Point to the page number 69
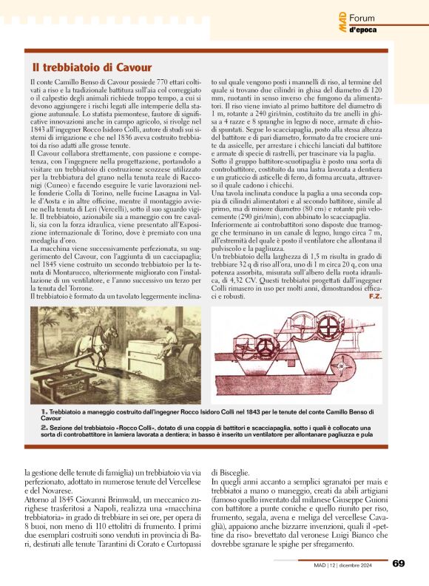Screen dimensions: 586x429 point(398,563)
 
